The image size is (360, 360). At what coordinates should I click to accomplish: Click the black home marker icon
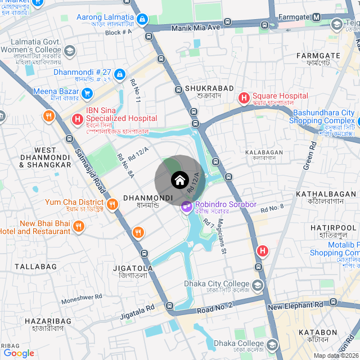coord(179,180)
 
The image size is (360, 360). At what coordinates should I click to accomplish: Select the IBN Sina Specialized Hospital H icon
coord(78,119)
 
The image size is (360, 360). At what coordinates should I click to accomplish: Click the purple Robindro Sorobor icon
coord(186,208)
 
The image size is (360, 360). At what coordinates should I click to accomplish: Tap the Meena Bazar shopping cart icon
coord(87,92)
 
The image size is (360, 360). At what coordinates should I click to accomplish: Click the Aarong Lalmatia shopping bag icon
coord(142,20)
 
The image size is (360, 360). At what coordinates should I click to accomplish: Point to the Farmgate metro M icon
coord(317,17)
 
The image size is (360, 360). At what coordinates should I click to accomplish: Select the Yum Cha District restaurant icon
coord(112,205)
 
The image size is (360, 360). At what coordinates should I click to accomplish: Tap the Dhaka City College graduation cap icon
coord(258,286)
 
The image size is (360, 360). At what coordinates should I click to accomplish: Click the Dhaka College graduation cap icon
coord(272,344)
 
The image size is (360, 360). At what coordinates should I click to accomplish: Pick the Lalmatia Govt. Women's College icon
coord(70,52)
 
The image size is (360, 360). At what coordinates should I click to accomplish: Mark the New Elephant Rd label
coord(295,306)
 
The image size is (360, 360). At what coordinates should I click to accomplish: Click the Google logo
coord(19,353)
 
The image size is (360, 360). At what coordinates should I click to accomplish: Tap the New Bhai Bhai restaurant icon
coord(78,227)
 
